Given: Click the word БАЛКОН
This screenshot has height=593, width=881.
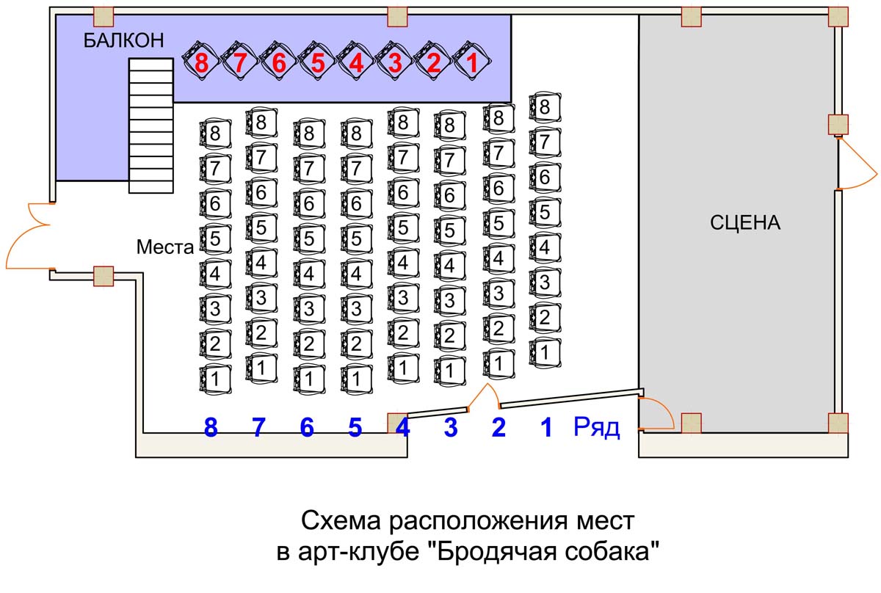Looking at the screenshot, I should [123, 41].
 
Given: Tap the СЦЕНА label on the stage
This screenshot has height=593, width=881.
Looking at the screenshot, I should [744, 223].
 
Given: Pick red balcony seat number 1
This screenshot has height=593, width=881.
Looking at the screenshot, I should [471, 62].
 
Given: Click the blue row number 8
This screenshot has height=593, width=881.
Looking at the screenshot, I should [211, 428].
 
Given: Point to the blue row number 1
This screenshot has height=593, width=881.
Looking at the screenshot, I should [545, 428].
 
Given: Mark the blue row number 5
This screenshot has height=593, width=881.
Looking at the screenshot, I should [355, 428].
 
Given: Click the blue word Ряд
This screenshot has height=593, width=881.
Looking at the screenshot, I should [596, 428].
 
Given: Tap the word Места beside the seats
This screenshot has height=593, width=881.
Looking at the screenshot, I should [164, 248].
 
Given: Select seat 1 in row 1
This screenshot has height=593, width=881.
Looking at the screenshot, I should [544, 352].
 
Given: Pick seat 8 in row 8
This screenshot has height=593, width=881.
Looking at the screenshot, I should [214, 134].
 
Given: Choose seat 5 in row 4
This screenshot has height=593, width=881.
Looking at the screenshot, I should [402, 228].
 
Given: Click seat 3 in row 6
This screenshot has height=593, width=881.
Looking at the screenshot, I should [309, 307].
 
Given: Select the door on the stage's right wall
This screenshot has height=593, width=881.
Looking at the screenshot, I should [855, 165].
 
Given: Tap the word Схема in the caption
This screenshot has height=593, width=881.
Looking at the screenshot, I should [338, 522].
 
